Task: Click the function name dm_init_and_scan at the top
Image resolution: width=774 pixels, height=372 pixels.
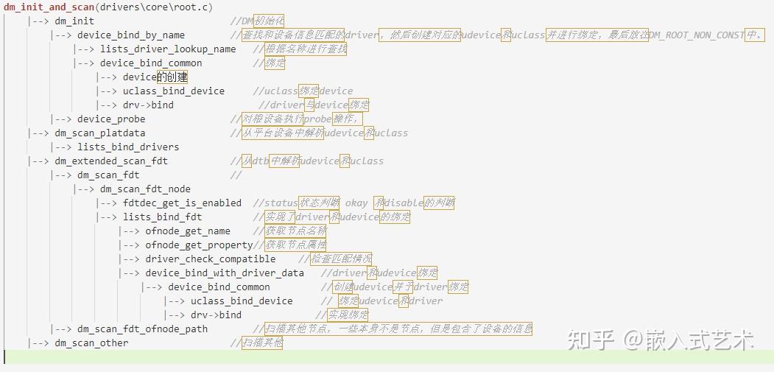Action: point(48,7)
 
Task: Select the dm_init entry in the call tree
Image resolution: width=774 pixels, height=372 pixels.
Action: point(74,21)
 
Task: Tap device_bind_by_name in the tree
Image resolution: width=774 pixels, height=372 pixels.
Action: point(131,35)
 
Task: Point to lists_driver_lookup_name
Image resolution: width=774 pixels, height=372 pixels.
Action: point(168,49)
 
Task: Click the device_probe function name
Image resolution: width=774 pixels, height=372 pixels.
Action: point(111,119)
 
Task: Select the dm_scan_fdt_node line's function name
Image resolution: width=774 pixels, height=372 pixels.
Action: point(145,189)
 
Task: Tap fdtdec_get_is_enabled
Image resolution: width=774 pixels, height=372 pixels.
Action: point(182,203)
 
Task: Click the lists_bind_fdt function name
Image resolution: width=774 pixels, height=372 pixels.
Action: point(162,217)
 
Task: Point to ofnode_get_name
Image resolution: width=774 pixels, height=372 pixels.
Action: point(188,231)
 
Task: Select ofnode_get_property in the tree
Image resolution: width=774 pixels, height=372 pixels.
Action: point(199,245)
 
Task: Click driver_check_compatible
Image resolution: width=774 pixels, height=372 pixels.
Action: point(211,259)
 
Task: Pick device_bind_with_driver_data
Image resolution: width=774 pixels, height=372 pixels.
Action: point(225,273)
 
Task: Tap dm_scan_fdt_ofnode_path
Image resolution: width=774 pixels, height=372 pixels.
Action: point(142,329)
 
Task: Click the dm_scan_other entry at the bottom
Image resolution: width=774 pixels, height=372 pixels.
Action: point(91,343)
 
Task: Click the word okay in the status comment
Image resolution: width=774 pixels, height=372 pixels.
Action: point(356,203)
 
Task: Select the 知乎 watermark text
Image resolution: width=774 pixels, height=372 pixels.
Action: point(590,340)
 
